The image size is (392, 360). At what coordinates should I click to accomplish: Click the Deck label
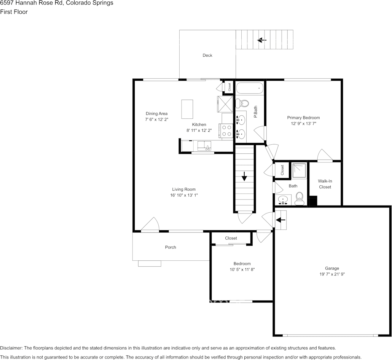coord(207,56)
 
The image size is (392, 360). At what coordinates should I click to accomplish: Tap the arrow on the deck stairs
coord(262,40)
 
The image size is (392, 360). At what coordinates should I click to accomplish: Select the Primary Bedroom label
coord(303,118)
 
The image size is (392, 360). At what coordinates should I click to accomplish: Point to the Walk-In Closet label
coord(325,184)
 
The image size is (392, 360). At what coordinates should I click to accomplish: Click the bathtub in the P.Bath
coord(250,88)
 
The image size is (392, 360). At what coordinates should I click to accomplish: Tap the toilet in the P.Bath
coord(242,103)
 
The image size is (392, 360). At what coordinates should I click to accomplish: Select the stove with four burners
coord(227,131)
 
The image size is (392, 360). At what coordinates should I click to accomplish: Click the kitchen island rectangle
coord(187,109)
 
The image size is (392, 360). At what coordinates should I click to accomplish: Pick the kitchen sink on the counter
coord(205,145)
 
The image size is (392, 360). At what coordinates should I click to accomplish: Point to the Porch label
coord(171,247)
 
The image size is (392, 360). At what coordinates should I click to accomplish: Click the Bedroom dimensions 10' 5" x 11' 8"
coord(242,269)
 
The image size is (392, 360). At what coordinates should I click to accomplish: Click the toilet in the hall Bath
coord(300,198)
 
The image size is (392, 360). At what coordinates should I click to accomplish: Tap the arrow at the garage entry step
coord(280,220)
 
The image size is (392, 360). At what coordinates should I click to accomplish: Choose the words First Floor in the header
coord(14,12)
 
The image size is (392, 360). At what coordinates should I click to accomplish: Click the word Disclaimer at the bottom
coord(11,348)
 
